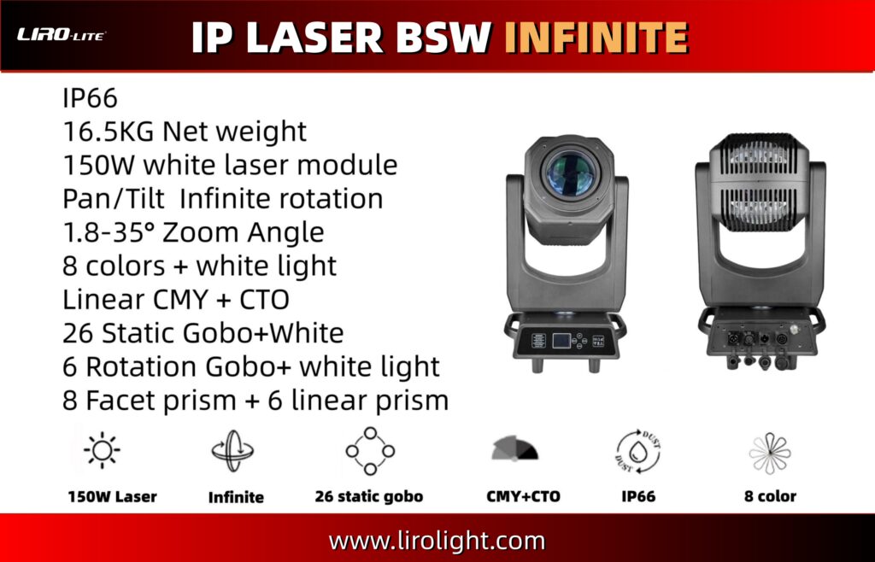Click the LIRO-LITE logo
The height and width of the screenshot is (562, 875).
pyautogui.click(x=61, y=35)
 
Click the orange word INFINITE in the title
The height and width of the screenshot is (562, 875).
pyautogui.click(x=596, y=38)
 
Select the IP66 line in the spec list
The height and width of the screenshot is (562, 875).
pyautogui.click(x=90, y=99)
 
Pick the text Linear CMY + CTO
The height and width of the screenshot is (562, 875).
pyautogui.click(x=176, y=300)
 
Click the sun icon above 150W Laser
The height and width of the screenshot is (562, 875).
pyautogui.click(x=102, y=450)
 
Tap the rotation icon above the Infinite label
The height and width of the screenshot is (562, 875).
pyautogui.click(x=232, y=450)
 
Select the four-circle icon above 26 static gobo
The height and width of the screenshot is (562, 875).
pyautogui.click(x=370, y=450)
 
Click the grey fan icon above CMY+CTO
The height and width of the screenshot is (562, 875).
pyautogui.click(x=515, y=448)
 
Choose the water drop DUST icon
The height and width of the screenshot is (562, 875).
pyautogui.click(x=638, y=452)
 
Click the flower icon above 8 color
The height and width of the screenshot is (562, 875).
pyautogui.click(x=770, y=453)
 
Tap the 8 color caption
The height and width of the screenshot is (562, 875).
pyautogui.click(x=770, y=496)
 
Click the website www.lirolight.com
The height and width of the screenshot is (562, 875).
pyautogui.click(x=437, y=541)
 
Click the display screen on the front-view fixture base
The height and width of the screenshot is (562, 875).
pyautogui.click(x=561, y=340)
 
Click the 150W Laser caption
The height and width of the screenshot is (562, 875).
pyautogui.click(x=112, y=497)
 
